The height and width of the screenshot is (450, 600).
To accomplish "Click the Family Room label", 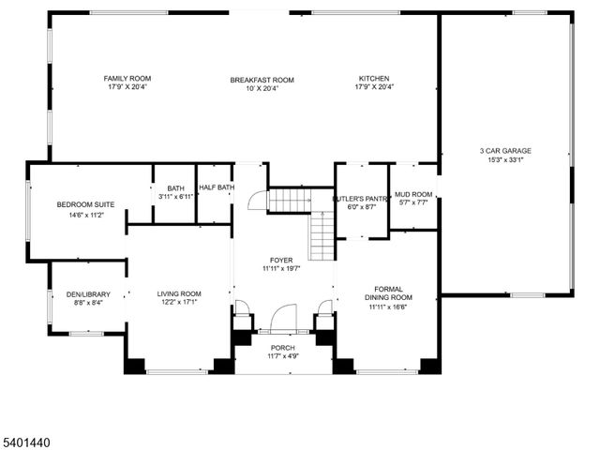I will coord(127,79).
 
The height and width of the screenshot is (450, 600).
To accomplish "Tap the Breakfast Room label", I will coord(262,80).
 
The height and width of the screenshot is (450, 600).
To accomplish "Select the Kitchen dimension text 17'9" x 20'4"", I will coord(374,88).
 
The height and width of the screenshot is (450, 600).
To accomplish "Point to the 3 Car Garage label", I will coord(505,150).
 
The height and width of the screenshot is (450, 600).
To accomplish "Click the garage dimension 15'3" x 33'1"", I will coord(505,159).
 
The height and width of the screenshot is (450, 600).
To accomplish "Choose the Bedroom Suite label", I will coord(80,204).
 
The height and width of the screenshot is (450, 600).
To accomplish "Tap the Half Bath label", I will coord(215,187).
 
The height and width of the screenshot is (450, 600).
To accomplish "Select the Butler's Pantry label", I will coord(361,199).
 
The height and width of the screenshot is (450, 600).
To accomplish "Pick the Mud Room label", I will coord(412,194).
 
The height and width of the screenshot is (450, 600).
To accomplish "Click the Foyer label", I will coord(281,260).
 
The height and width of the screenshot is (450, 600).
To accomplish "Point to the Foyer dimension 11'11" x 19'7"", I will coord(281,269).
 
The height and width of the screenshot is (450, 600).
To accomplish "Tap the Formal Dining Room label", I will coord(389,292).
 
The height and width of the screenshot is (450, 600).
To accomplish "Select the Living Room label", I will coord(179,293).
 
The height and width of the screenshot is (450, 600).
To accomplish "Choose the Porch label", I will coord(282,347).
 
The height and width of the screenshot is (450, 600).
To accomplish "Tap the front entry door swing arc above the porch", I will coord(281,319).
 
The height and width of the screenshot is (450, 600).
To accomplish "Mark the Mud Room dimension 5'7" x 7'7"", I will coord(412,202).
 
